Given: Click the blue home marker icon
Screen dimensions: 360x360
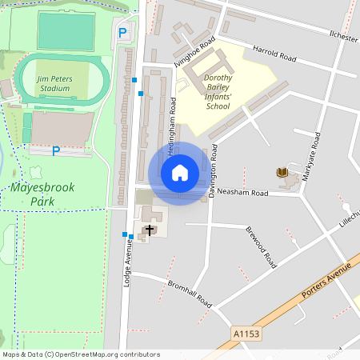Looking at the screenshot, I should [x=180, y=173].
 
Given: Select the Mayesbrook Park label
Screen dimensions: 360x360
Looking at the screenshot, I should [x=38, y=194].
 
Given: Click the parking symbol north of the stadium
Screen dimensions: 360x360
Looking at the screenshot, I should [x=122, y=33].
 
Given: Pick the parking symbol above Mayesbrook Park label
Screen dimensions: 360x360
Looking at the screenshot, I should [x=56, y=150].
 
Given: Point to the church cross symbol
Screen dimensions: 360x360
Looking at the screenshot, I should [x=149, y=230].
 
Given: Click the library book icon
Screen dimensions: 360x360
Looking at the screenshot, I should [x=282, y=173].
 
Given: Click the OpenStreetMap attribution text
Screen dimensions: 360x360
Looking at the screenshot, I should [x=80, y=354].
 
